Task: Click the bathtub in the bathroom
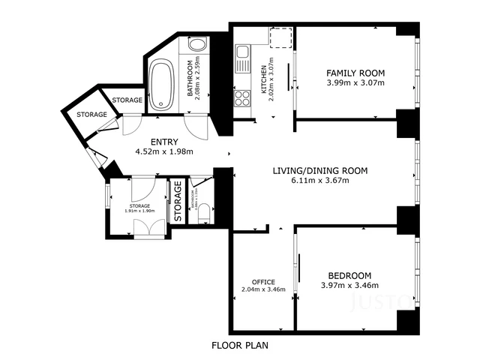pyautogui.click(x=161, y=85)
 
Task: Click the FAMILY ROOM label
pyautogui.click(x=355, y=73)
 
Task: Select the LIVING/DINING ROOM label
pyautogui.click(x=319, y=171)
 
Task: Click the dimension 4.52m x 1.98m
pyautogui.click(x=164, y=151)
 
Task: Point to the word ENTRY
pyautogui.click(x=164, y=142)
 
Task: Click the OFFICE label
pyautogui.click(x=263, y=282)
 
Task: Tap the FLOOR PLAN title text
pyautogui.click(x=239, y=346)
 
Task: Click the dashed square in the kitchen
pyautogui.click(x=280, y=37)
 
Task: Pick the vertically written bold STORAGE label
pyautogui.click(x=178, y=201)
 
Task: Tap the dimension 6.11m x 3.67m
pyautogui.click(x=319, y=181)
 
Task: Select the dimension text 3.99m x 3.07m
pyautogui.click(x=355, y=82)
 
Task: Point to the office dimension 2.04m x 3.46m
pyautogui.click(x=263, y=289)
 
